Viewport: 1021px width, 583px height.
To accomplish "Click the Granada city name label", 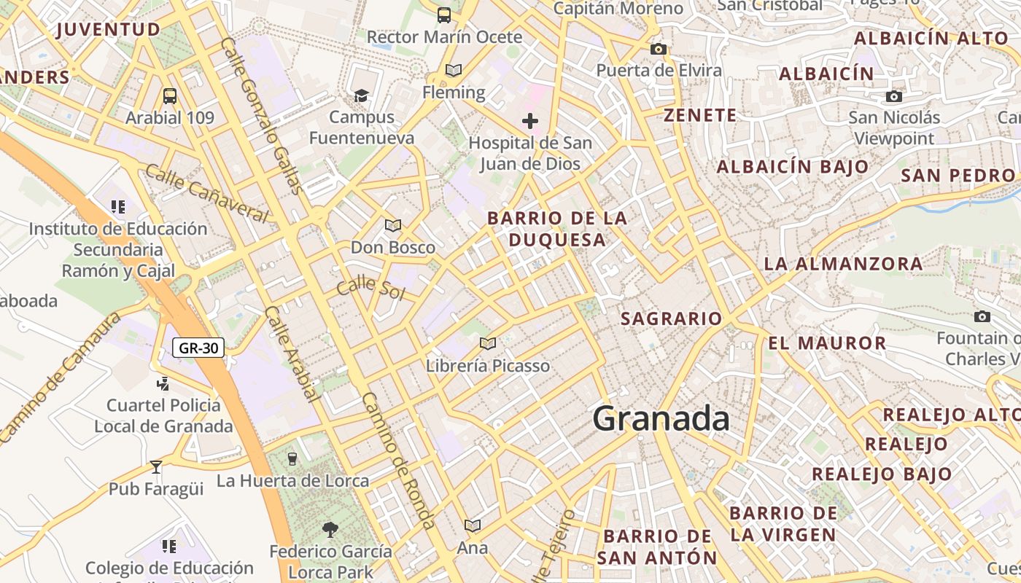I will (x=661, y=419).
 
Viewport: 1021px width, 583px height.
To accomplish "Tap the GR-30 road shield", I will (x=199, y=348).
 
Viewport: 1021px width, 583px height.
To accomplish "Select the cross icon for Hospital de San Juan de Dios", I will (x=530, y=121).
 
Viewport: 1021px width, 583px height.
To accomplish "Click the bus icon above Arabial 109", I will (x=169, y=95).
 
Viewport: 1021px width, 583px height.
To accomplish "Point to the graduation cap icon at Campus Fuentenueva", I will (x=361, y=95).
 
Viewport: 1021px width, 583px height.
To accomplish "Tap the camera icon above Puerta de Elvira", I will (x=659, y=49).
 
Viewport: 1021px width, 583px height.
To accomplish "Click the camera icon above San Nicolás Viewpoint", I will (x=894, y=96).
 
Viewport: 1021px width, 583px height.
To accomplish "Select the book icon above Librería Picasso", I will (x=488, y=343).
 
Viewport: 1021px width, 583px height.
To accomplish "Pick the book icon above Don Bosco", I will (x=393, y=225).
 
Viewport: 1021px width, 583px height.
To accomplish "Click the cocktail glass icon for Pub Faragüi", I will (x=155, y=466).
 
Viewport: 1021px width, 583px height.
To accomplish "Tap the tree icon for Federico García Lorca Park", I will (x=330, y=529).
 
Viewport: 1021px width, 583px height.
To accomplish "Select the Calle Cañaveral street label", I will (x=207, y=193).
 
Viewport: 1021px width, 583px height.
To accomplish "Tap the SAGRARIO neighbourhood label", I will (x=671, y=318).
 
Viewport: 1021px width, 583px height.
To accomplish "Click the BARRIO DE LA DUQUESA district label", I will (x=557, y=229).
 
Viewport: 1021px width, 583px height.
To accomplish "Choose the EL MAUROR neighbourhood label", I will (x=827, y=343).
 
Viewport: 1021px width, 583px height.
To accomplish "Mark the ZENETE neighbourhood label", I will (x=700, y=115).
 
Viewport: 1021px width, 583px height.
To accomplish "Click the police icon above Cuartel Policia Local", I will (x=163, y=383).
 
